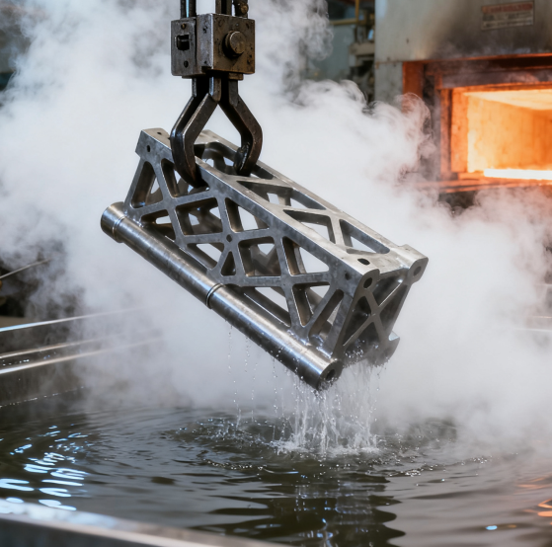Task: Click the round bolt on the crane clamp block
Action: point(236,43)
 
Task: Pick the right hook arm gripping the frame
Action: point(245,123)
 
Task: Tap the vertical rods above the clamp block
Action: point(205,8)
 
